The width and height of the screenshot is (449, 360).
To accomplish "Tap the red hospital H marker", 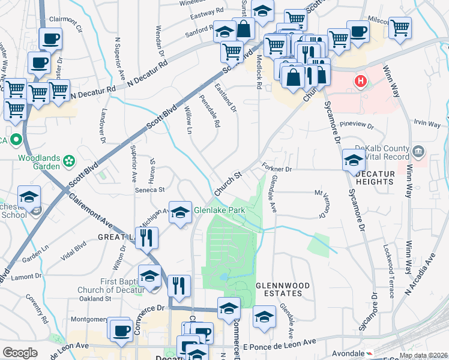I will (360, 81).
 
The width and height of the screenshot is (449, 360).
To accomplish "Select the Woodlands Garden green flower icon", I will (70, 161).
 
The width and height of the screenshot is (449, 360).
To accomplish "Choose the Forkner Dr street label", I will (276, 169).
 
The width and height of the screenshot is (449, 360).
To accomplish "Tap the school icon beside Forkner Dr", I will (353, 160).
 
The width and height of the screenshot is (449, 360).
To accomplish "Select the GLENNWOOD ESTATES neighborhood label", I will (278, 289).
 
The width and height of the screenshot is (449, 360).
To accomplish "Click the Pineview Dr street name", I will (357, 127).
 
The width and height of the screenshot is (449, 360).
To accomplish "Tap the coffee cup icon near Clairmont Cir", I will (50, 39).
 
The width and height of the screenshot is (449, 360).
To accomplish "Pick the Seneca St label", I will (152, 190).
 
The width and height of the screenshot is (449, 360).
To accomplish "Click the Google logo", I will (20, 353).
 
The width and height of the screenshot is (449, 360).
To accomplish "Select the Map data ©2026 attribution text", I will (423, 355).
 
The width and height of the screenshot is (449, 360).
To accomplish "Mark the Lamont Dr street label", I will (25, 277).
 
